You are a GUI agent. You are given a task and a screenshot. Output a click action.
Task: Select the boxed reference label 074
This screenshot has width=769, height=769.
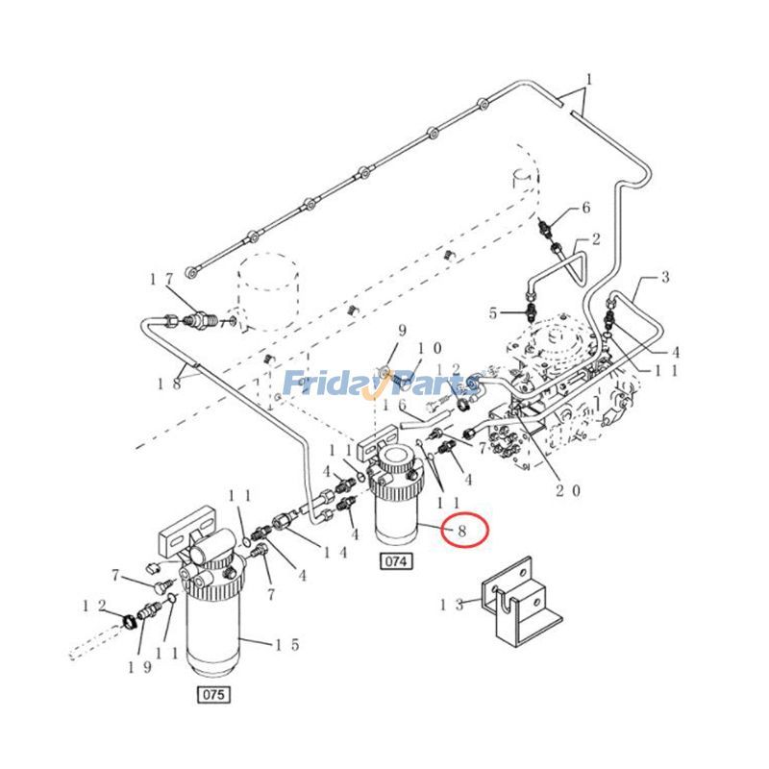[x=395, y=561]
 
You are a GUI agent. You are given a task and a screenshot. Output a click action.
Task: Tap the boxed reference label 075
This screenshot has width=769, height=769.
[x=213, y=693]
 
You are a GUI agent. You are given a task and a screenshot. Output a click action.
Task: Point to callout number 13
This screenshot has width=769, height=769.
[x=453, y=605]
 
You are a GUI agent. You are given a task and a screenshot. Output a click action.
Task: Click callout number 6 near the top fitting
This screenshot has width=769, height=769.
[x=584, y=208]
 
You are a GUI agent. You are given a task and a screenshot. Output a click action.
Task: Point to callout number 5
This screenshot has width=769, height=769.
[x=493, y=312]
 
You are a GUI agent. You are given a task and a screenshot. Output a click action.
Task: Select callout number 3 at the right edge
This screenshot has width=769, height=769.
[x=663, y=279]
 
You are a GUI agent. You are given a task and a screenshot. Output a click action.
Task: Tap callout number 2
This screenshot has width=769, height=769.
[x=596, y=238]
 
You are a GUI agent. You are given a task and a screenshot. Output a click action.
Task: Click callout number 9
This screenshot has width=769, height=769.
[x=403, y=330]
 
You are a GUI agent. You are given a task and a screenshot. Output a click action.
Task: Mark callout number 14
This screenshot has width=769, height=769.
[x=335, y=552]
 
